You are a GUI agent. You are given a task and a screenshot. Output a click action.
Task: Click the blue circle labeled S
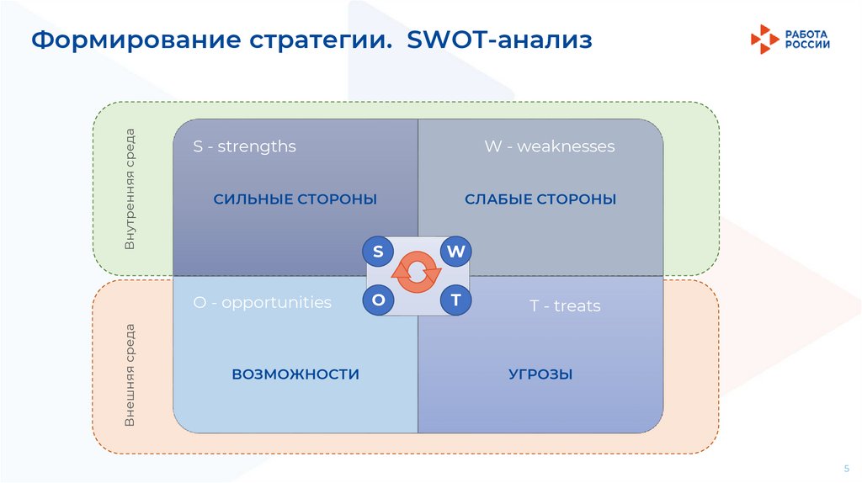378,252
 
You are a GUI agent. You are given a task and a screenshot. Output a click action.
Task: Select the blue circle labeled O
378,300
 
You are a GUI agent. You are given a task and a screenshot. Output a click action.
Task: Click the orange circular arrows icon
417,273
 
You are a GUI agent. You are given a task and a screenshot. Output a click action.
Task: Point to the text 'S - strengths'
244,146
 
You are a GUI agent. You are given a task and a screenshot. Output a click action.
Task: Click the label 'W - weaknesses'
549,146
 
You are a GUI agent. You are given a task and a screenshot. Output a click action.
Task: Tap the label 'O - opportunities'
262,302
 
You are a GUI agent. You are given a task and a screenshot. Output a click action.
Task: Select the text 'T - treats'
565,305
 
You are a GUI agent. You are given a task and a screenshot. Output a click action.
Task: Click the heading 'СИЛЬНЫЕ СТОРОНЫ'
295,199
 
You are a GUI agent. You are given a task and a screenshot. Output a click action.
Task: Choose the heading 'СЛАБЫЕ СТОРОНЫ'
540,199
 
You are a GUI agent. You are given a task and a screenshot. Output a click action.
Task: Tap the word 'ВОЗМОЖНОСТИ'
295,374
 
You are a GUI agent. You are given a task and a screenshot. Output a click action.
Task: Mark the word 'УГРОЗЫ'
540,374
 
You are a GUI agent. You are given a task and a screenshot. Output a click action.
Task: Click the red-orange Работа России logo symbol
764,39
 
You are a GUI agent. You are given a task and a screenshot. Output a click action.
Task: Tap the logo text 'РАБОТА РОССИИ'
807,39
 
